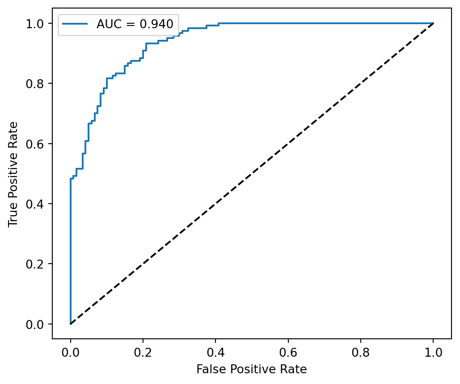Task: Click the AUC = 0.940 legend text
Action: [x=135, y=24]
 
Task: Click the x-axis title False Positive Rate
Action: [x=251, y=369]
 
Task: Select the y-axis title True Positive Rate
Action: [x=14, y=174]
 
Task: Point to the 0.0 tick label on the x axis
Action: [x=71, y=351]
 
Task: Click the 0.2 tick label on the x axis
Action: [x=143, y=351]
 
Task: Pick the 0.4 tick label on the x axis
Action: [x=215, y=351]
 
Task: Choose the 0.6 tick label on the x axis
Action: [x=288, y=351]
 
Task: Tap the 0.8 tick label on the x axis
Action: [x=361, y=351]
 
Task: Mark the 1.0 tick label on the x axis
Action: [x=433, y=351]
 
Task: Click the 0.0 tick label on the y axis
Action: [x=38, y=324]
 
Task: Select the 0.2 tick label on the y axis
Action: [x=38, y=264]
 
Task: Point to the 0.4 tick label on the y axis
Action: [x=38, y=204]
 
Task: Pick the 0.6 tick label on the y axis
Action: [x=38, y=144]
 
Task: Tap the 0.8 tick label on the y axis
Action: [x=38, y=84]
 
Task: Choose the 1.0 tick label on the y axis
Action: [x=38, y=23]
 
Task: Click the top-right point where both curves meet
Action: [x=433, y=23]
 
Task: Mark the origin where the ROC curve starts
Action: [x=71, y=324]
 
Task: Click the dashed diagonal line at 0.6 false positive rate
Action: [x=288, y=144]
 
